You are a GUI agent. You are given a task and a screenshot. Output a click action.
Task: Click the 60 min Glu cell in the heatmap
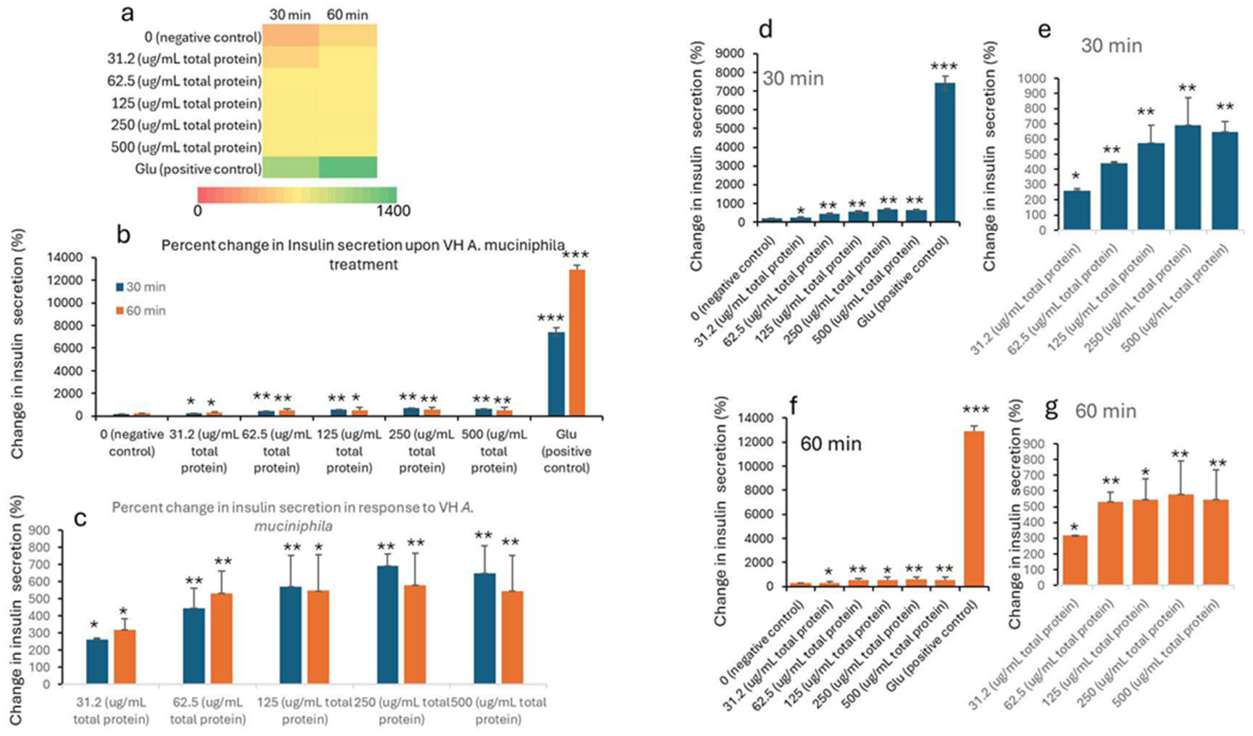[x=348, y=167]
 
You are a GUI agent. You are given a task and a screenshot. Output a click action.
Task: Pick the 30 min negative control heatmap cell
[x=290, y=35]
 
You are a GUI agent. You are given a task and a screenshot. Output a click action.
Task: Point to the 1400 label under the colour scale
[x=393, y=211]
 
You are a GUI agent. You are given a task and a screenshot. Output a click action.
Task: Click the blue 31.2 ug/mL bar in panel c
[x=97, y=661]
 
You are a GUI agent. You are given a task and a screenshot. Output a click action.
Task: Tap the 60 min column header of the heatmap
[x=348, y=15]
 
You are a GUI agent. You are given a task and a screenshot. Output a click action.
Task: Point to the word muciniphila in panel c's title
[x=293, y=526]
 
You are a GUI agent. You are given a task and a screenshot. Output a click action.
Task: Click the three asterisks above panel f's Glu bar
[x=976, y=410]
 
